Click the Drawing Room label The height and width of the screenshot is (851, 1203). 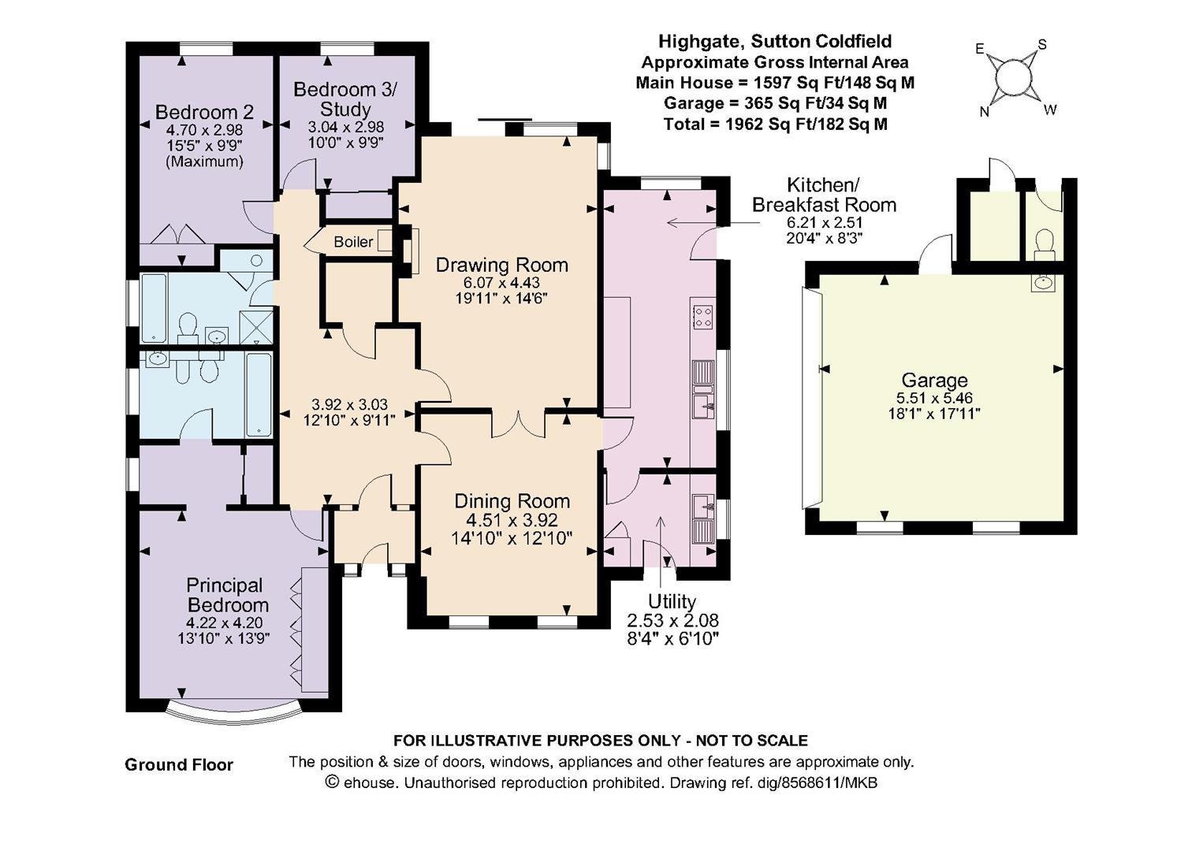click(x=501, y=265)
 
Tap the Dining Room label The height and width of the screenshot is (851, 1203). click(x=512, y=501)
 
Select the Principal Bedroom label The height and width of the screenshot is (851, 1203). click(x=224, y=595)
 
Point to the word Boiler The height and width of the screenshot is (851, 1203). click(x=352, y=242)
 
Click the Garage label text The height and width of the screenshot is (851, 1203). click(x=934, y=381)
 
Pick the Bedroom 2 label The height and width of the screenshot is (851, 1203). click(x=204, y=112)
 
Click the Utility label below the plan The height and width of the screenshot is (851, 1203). click(x=672, y=602)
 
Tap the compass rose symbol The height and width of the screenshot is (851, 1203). click(x=1013, y=77)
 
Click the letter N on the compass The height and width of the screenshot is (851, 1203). click(x=984, y=112)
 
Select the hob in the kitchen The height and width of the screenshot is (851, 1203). click(x=702, y=316)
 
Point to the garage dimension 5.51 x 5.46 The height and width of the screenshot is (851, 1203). click(x=934, y=399)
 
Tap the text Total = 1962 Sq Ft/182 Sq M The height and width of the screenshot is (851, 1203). click(x=775, y=124)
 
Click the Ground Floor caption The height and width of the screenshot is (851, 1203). click(x=179, y=764)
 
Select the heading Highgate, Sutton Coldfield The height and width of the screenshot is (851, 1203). click(x=775, y=41)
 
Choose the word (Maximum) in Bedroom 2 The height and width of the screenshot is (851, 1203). click(x=204, y=162)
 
